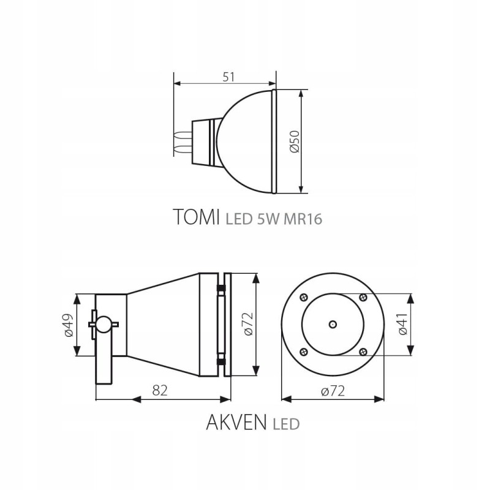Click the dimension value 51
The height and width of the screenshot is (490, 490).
228,77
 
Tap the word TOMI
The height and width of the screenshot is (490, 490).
196,217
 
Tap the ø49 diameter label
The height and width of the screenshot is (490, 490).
68,325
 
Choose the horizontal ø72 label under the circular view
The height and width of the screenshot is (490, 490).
333,391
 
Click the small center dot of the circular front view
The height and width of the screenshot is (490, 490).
333,323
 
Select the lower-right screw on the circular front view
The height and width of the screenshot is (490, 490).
363,351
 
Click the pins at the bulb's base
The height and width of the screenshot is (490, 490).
182,141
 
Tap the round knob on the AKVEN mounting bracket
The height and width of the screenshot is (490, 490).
104,323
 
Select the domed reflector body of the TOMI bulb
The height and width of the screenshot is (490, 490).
245,141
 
